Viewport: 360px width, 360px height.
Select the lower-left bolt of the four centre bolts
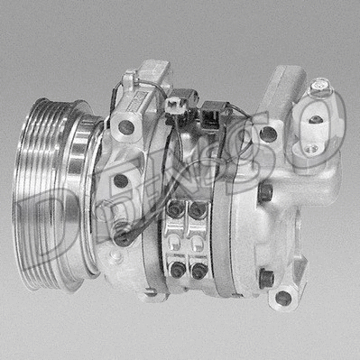pyautogui.click(x=177, y=268)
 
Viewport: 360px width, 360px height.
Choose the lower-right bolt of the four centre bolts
pyautogui.click(x=198, y=268)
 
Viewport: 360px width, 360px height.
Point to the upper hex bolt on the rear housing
pyautogui.click(x=264, y=192)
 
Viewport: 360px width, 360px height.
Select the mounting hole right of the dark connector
pyautogui.click(x=268, y=134)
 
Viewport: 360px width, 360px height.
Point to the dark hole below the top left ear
pyautogui.click(x=126, y=127)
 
